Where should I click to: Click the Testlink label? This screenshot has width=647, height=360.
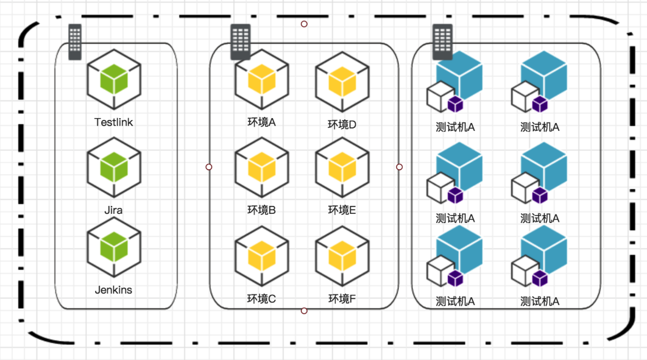[113, 122]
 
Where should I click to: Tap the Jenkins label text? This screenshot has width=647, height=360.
[113, 290]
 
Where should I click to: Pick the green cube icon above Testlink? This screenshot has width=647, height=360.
[114, 80]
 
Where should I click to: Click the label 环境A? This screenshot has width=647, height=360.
[261, 122]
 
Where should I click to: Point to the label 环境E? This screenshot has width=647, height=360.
[342, 210]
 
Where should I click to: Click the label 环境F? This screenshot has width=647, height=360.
[342, 298]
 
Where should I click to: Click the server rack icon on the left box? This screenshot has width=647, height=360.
[75, 41]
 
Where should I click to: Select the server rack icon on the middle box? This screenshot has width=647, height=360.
[240, 41]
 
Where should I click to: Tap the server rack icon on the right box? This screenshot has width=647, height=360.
[442, 41]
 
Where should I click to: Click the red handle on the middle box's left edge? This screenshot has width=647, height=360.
[209, 167]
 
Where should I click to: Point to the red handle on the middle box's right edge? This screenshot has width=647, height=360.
[400, 167]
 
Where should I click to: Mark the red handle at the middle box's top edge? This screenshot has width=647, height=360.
[304, 24]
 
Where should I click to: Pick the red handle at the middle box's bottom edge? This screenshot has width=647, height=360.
[304, 311]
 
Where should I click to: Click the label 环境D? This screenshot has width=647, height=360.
[342, 125]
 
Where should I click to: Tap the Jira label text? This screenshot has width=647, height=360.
[113, 210]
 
